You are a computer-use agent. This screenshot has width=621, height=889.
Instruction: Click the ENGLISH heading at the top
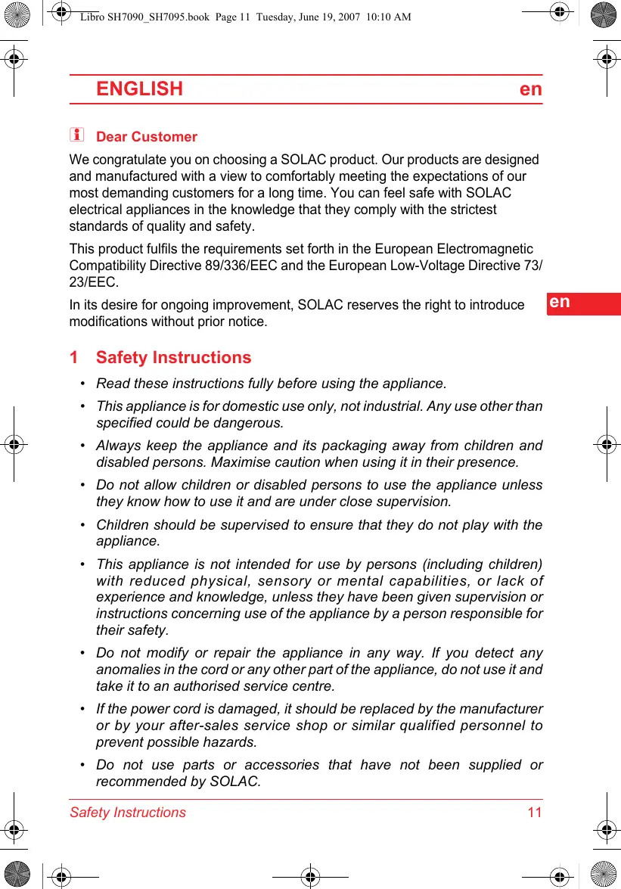[x=139, y=89]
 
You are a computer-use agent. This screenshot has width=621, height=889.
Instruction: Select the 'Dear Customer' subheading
[x=147, y=137]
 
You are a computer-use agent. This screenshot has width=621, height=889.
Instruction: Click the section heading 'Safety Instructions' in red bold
[x=173, y=358]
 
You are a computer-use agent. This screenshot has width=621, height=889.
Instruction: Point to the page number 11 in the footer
[x=535, y=813]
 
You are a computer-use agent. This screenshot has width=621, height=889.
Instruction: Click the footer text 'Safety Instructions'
[x=127, y=813]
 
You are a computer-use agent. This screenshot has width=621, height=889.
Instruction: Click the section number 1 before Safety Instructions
[x=73, y=358]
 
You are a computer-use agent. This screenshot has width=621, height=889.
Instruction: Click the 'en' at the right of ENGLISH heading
[x=531, y=89]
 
